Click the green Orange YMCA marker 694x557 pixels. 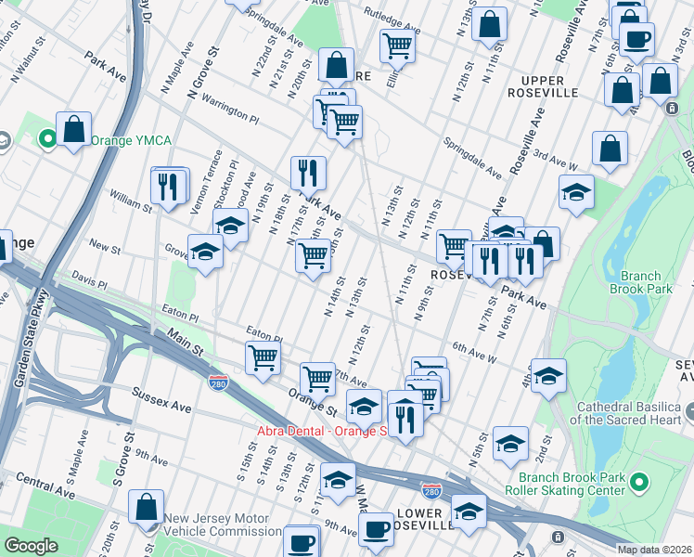(x=47, y=140)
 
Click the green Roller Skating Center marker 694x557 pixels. (x=637, y=483)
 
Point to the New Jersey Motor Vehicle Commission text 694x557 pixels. (x=222, y=525)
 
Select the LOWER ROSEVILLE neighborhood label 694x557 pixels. (x=424, y=519)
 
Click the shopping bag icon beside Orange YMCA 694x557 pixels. (x=73, y=129)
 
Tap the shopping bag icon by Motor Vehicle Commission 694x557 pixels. (x=147, y=507)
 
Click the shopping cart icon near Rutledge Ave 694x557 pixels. (x=397, y=44)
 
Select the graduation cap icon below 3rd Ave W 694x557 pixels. (x=576, y=192)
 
